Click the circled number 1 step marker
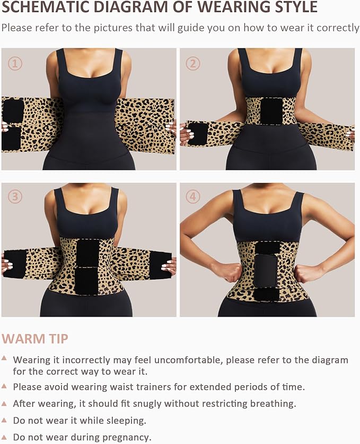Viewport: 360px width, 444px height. point(15,64)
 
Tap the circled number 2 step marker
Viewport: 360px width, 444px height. point(193,64)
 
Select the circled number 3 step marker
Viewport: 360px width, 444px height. point(15,197)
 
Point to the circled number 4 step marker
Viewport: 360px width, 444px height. point(193,197)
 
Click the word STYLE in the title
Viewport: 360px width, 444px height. point(293,7)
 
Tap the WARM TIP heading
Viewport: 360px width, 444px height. point(35,338)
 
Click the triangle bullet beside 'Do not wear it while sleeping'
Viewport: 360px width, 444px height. point(4,420)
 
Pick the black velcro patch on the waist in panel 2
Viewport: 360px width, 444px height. point(271,111)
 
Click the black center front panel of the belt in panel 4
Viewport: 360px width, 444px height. point(267,271)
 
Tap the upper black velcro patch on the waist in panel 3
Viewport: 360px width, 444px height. point(87,252)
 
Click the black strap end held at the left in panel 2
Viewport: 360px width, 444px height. point(197,134)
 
